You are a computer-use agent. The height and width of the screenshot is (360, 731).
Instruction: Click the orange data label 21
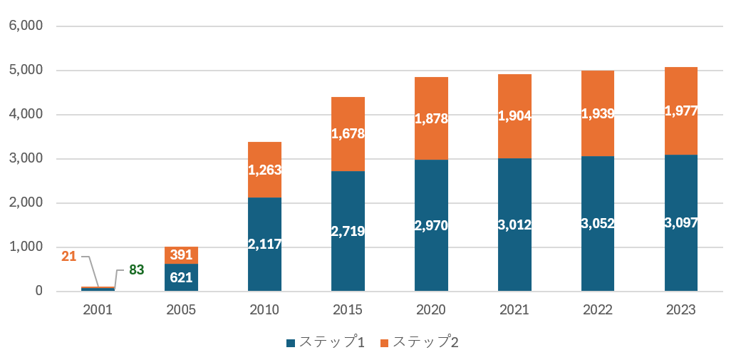pyautogui.click(x=68, y=256)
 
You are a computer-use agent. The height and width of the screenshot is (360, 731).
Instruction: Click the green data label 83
pyautogui.click(x=136, y=270)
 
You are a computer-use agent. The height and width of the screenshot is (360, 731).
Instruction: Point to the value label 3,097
pyautogui.click(x=681, y=223)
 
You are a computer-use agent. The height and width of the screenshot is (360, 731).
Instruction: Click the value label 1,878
pyautogui.click(x=431, y=119)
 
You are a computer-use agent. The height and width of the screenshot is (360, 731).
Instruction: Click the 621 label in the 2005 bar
pyautogui.click(x=181, y=277)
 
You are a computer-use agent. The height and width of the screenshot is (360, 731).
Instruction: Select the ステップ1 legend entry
pyautogui.click(x=326, y=343)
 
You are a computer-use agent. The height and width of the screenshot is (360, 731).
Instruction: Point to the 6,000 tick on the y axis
pyautogui.click(x=26, y=26)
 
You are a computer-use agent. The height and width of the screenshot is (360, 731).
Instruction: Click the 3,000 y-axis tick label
pyautogui.click(x=26, y=158)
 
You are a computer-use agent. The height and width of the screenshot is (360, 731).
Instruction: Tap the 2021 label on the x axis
pyautogui.click(x=514, y=310)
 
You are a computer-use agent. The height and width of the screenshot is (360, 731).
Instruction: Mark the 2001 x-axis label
pyautogui.click(x=98, y=310)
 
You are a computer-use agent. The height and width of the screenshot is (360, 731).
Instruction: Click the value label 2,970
pyautogui.click(x=431, y=225)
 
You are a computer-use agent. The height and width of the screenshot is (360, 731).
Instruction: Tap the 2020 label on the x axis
pyautogui.click(x=431, y=310)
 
